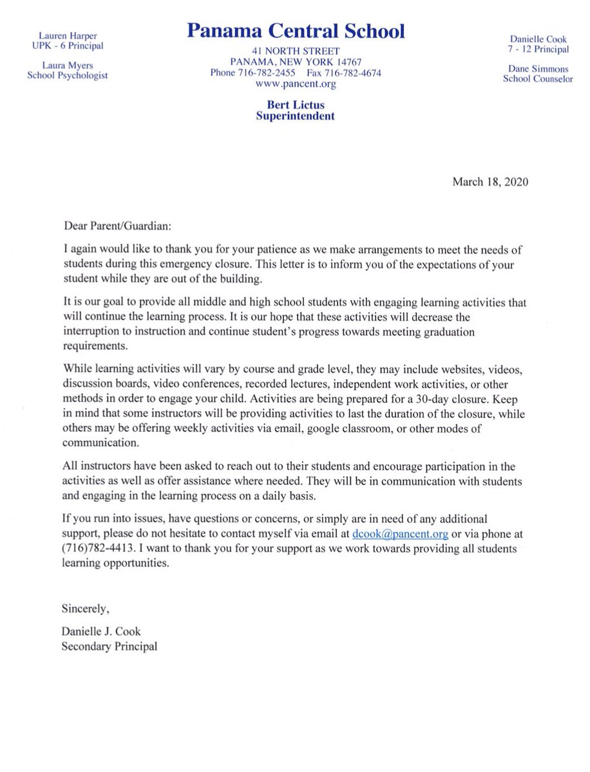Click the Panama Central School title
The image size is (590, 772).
(x=296, y=30)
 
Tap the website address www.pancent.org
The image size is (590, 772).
(x=296, y=84)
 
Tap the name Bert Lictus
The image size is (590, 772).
(x=296, y=105)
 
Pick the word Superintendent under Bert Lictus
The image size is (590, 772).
(x=296, y=116)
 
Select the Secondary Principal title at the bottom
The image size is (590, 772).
(x=109, y=647)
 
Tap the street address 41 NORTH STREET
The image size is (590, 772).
(x=296, y=51)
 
